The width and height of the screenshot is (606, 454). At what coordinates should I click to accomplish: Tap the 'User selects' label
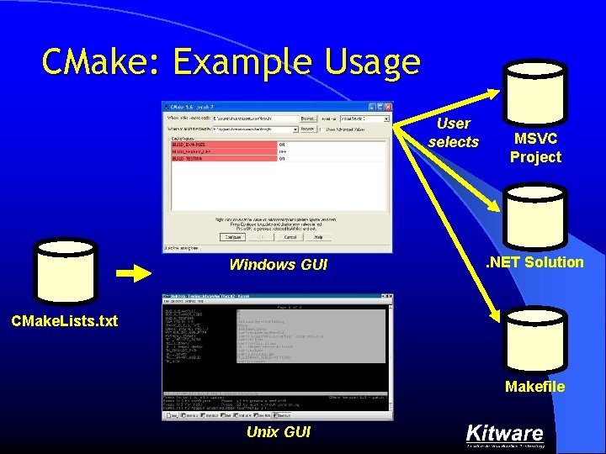point(454,133)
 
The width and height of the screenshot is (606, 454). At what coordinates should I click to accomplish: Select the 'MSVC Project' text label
point(535,147)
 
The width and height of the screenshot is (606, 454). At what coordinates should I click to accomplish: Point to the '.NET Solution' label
point(536,262)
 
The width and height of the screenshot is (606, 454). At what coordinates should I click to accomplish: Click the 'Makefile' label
point(534,387)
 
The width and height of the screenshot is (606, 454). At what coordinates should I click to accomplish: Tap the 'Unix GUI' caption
point(278,432)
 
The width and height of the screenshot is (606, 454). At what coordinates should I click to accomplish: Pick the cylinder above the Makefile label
point(535,340)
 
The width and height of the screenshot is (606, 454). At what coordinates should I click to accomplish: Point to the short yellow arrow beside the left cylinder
point(133,272)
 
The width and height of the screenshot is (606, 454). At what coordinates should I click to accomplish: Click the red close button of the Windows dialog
point(387,107)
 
